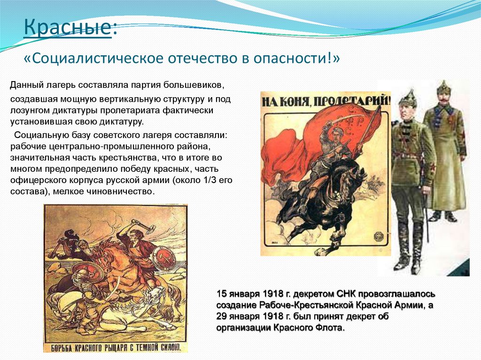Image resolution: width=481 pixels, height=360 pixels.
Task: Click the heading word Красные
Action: (x=67, y=29)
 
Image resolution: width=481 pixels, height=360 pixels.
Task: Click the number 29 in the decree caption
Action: (x=221, y=317)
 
